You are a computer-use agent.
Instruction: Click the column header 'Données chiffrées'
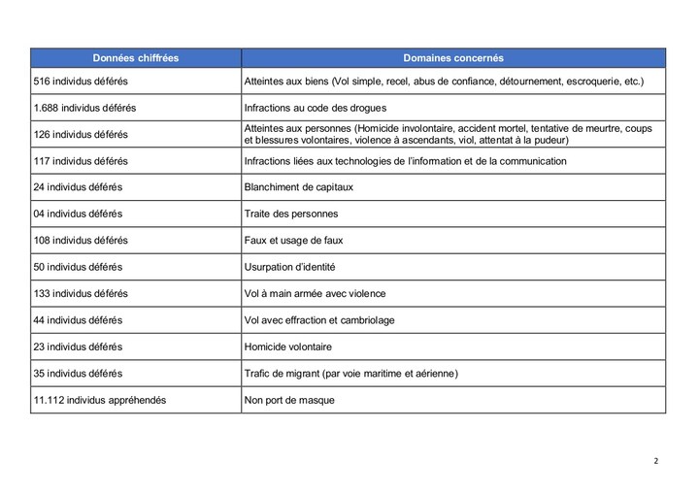[x=136, y=58]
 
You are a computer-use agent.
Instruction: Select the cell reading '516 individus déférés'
[x=81, y=82]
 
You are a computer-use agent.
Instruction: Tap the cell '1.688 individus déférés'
[x=84, y=109]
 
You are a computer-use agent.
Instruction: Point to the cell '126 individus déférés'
[x=81, y=135]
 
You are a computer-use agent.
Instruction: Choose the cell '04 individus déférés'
[x=78, y=214]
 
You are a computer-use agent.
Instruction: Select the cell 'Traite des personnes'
[x=293, y=214]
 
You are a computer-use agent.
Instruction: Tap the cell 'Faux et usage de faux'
[x=297, y=240]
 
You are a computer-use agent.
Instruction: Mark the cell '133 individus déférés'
[x=81, y=293]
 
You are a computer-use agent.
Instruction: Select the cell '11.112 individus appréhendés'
[x=100, y=399]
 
